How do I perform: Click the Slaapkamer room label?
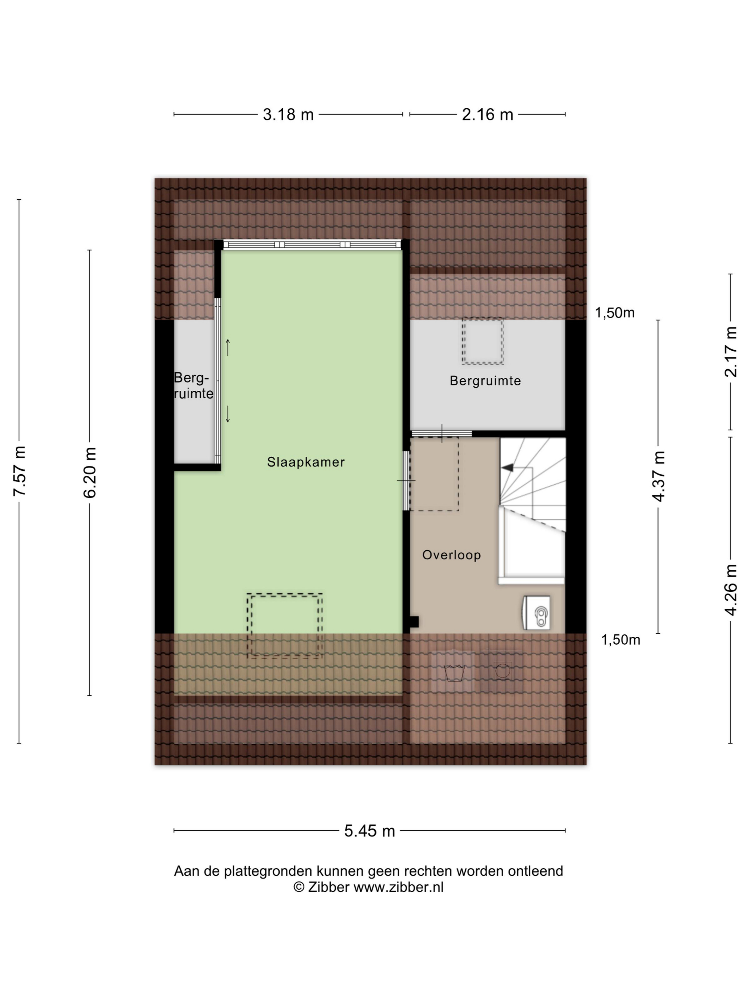[306, 462]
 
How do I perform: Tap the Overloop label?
[451, 555]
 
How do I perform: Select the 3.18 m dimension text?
[288, 115]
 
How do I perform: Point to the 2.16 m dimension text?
[487, 115]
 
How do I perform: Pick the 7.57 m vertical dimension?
[19, 471]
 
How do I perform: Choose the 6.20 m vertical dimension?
[90, 473]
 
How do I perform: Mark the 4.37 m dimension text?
[658, 476]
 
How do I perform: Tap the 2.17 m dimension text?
[731, 352]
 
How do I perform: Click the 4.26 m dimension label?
[731, 590]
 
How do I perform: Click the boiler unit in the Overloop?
[537, 612]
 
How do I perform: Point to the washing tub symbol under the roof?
[454, 672]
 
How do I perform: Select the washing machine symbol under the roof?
[502, 670]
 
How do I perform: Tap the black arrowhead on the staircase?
[508, 468]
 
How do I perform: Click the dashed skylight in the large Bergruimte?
[482, 342]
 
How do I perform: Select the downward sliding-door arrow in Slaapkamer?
[228, 414]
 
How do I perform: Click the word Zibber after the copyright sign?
[329, 887]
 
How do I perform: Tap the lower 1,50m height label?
[620, 640]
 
